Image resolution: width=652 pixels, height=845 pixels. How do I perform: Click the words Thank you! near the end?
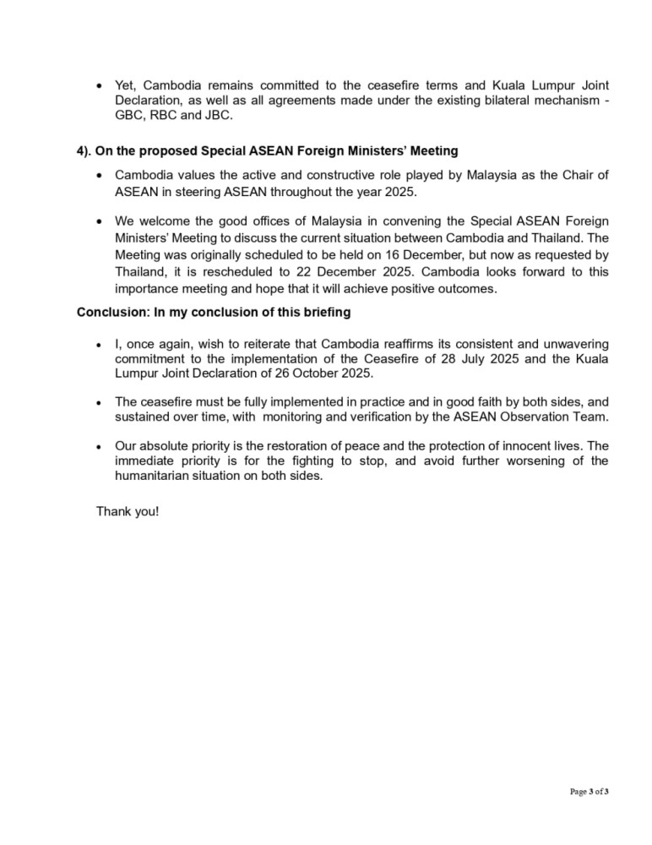128,512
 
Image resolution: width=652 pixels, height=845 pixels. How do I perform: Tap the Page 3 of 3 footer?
590,791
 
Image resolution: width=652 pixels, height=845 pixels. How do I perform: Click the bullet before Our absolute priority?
101,446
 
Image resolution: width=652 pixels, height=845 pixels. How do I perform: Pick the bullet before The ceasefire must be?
101,403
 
